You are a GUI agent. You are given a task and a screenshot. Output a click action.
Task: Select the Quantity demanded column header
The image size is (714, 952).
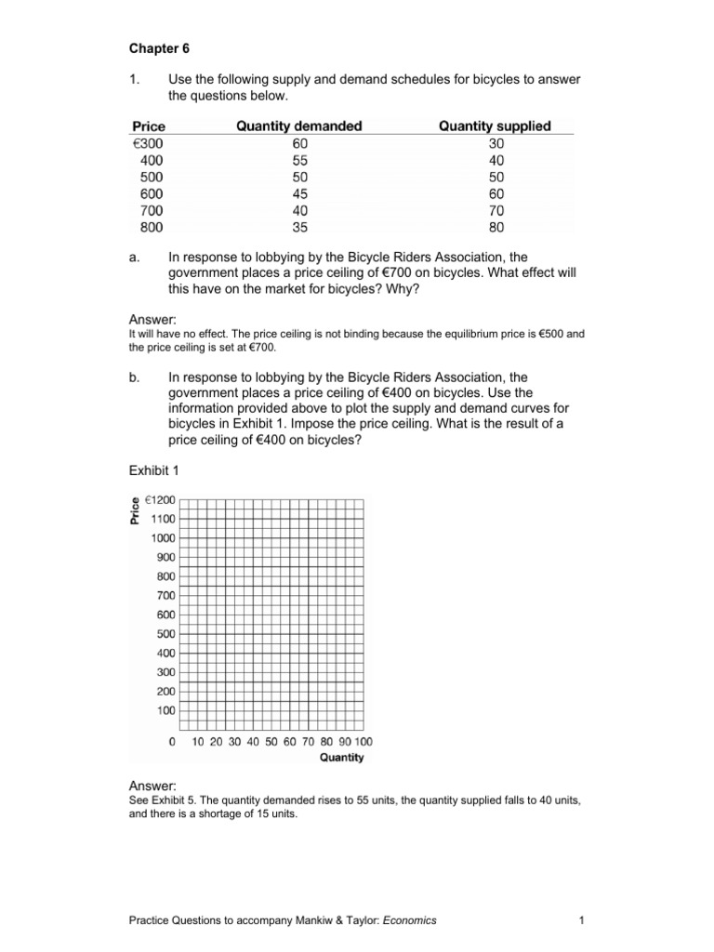[298, 126]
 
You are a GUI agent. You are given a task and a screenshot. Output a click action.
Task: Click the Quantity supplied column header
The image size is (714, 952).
[495, 126]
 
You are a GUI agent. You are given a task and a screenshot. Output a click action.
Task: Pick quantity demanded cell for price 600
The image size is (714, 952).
[298, 193]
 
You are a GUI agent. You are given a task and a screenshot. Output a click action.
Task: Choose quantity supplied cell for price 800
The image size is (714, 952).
[495, 227]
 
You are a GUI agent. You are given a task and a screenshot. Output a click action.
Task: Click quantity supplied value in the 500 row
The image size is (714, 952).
[495, 177]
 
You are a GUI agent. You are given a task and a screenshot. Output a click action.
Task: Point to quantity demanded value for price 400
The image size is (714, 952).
[298, 160]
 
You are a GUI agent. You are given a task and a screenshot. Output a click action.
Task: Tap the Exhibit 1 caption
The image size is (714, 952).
[153, 470]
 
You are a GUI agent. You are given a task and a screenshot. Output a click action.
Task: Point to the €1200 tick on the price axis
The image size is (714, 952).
[159, 499]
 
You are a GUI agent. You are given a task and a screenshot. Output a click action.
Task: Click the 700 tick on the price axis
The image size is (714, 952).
[165, 595]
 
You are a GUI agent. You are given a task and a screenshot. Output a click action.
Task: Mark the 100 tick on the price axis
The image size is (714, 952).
[165, 710]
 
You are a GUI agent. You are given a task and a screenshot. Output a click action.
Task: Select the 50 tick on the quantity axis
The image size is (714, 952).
[271, 742]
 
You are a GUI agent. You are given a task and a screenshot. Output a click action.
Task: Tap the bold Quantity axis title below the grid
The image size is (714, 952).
[342, 758]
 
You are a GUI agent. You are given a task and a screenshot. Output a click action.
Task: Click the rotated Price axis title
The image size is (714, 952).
[135, 509]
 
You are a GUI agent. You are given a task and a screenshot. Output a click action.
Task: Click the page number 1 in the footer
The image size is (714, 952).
[579, 920]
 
